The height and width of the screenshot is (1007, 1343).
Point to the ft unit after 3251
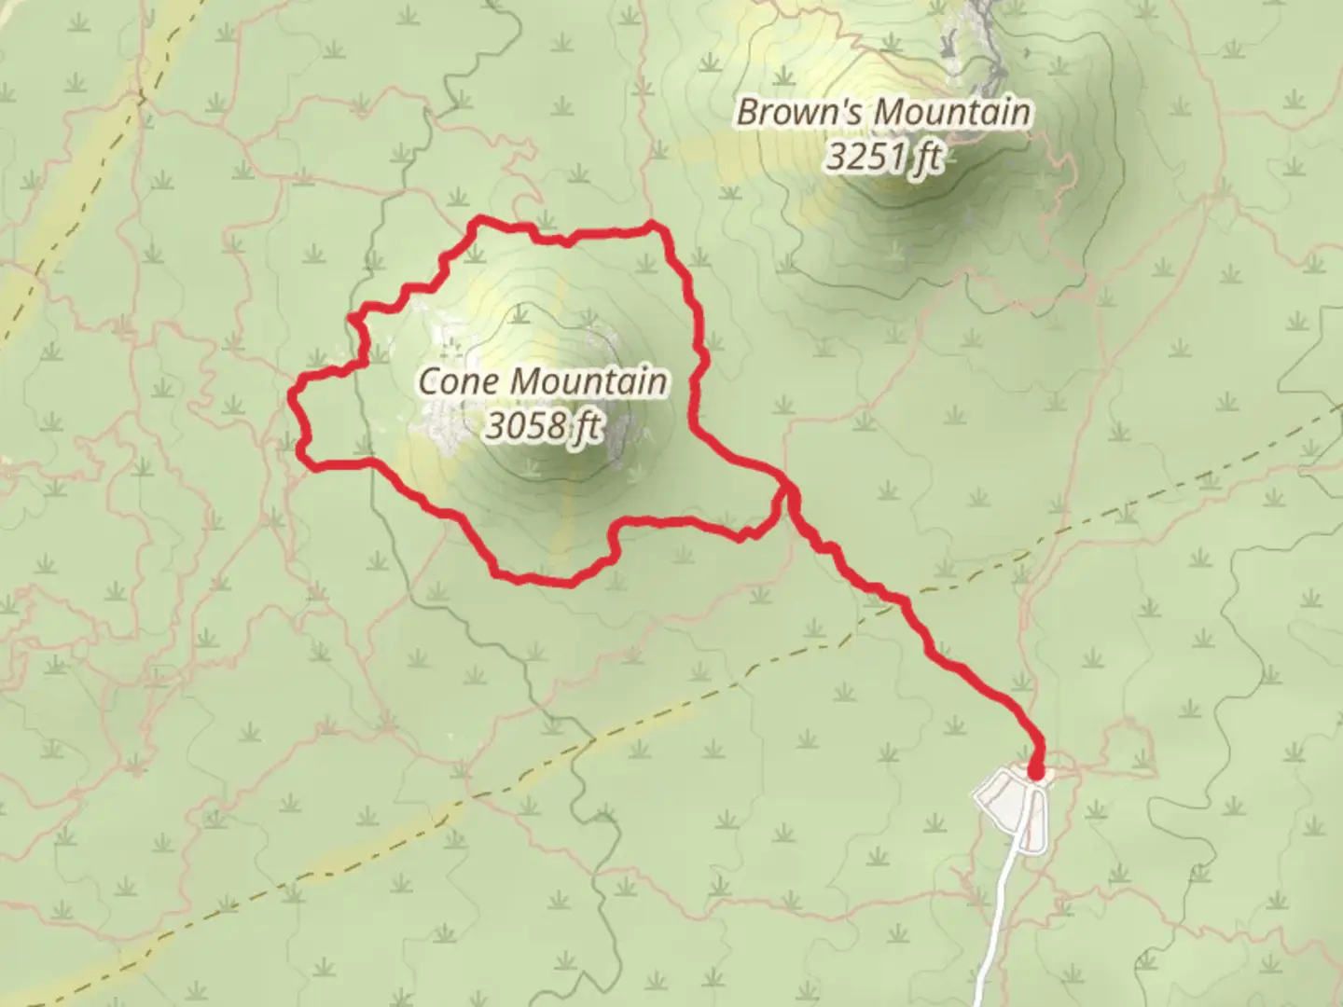[x=926, y=157]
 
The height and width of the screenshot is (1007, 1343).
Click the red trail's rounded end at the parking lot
[x=1036, y=771]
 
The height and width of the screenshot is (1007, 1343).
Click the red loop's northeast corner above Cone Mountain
[x=657, y=226]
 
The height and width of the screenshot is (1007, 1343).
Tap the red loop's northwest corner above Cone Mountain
[x=479, y=221]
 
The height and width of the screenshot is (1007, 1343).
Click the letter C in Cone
[x=429, y=382]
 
